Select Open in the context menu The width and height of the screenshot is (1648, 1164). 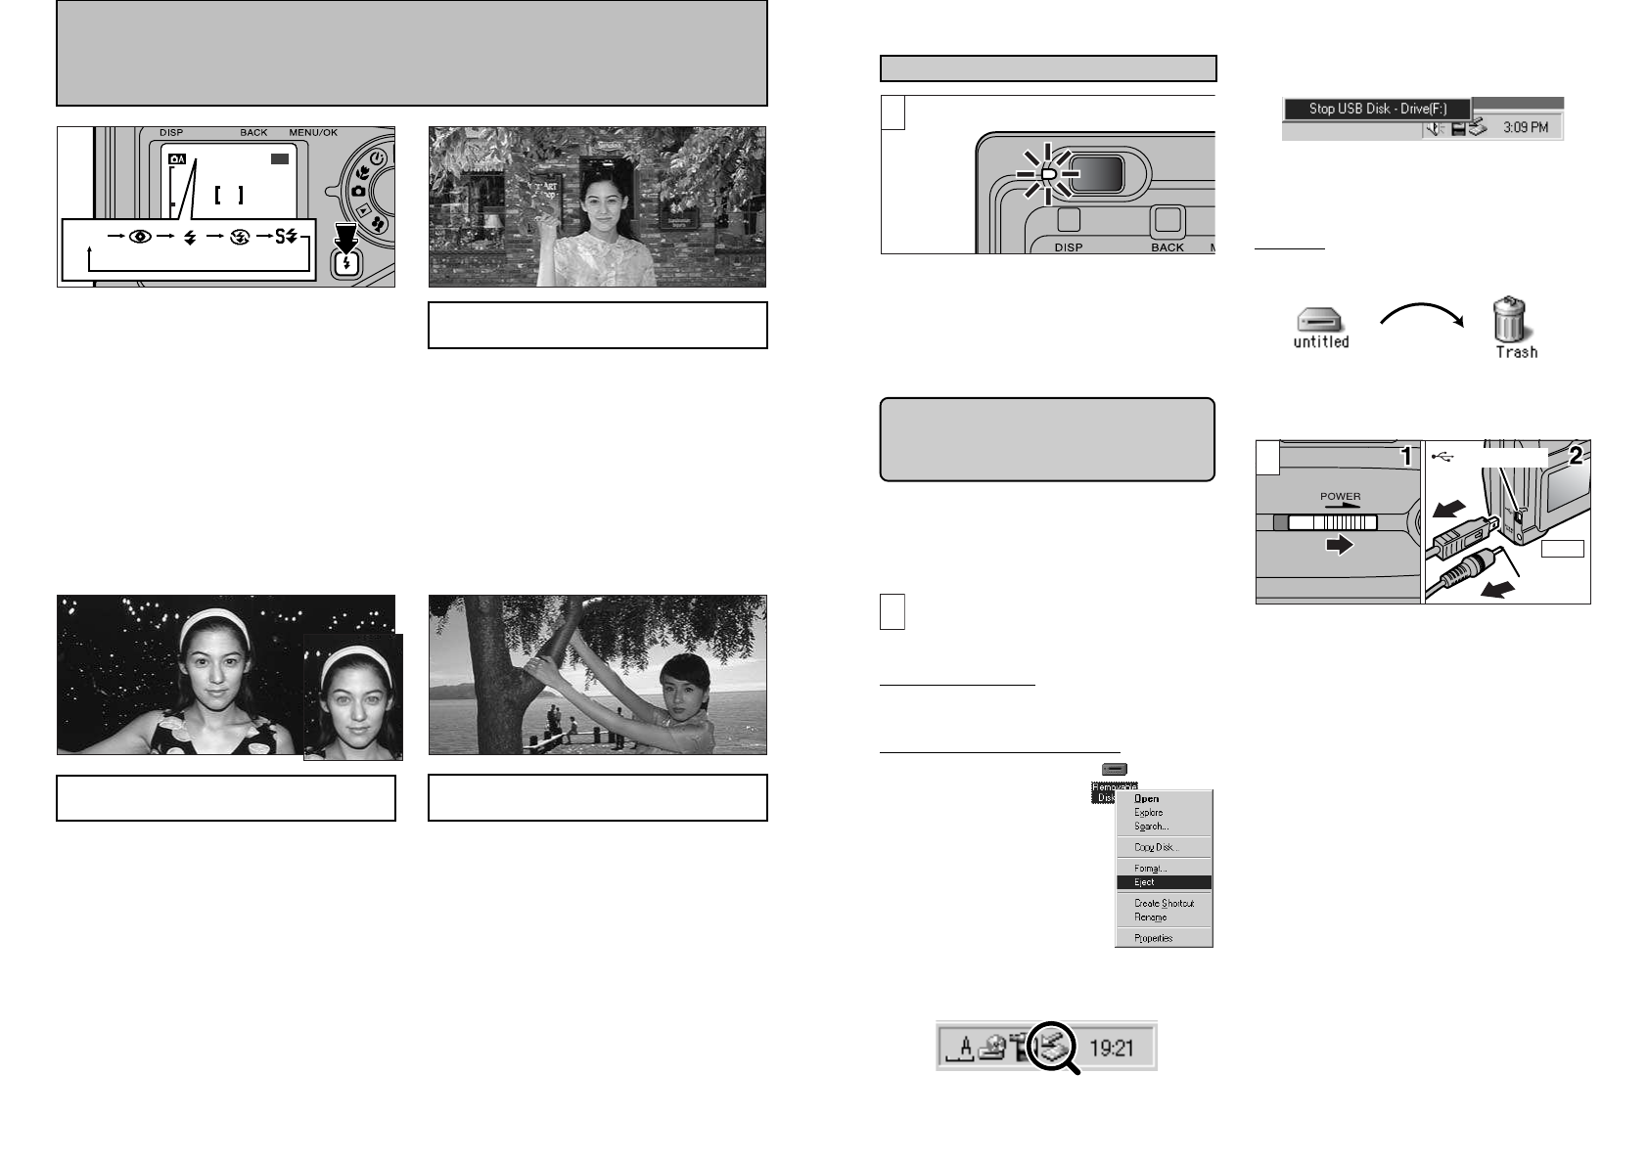coord(1146,798)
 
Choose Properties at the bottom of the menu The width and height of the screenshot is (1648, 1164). coord(1153,938)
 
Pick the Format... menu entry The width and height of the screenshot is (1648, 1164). coord(1150,868)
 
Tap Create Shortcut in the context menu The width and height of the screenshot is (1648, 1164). coord(1164,903)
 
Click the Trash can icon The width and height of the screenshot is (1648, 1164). coord(1514,322)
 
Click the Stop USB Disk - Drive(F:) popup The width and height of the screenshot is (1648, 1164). coord(1377,109)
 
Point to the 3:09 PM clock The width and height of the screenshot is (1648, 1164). coord(1525,127)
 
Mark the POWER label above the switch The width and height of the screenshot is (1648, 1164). coord(1340,496)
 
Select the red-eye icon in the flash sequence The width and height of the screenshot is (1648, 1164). coord(139,237)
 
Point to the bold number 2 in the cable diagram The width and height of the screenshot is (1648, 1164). coord(1576,455)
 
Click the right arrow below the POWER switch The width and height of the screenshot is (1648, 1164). coord(1339,546)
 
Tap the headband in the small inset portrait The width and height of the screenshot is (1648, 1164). coord(355,657)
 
